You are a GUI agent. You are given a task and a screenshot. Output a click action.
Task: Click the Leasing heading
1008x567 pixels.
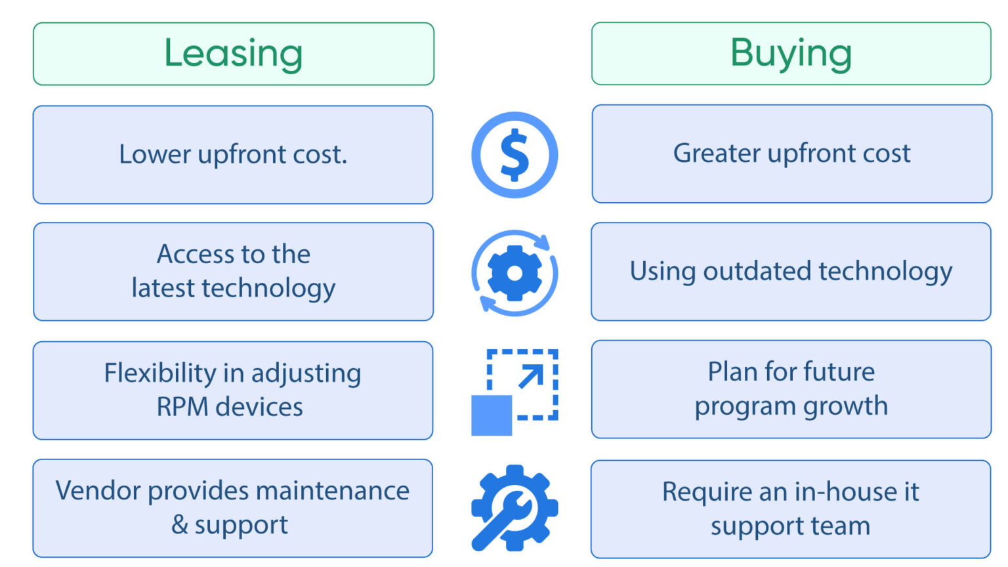[x=233, y=54]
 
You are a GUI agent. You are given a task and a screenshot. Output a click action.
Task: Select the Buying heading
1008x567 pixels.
[x=791, y=53]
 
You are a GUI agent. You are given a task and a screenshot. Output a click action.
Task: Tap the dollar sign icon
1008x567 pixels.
[x=514, y=155]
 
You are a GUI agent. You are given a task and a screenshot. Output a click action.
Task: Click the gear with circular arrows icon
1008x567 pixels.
[x=514, y=273]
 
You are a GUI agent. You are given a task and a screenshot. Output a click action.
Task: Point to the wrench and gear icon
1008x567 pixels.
[x=514, y=508]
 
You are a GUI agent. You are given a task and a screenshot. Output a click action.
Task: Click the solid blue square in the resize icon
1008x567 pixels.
[x=492, y=415]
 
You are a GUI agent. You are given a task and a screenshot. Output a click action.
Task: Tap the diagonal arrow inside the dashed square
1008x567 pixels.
[x=531, y=376]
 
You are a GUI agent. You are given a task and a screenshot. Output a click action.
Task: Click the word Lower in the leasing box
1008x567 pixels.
[x=155, y=155]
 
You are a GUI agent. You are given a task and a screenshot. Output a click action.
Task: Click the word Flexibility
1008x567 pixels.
[x=160, y=373]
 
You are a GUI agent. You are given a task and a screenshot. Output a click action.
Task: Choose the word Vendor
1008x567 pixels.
[x=98, y=491]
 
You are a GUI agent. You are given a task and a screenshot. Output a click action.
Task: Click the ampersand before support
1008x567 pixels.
[x=179, y=525]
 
